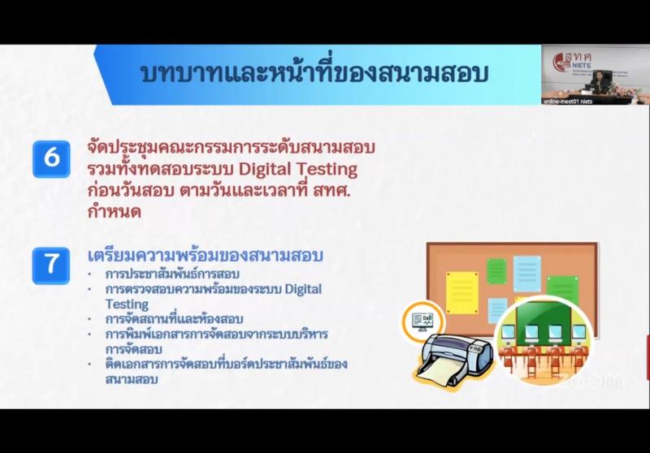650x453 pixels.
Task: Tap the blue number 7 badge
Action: [51, 265]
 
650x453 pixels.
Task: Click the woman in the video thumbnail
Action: [600, 83]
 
